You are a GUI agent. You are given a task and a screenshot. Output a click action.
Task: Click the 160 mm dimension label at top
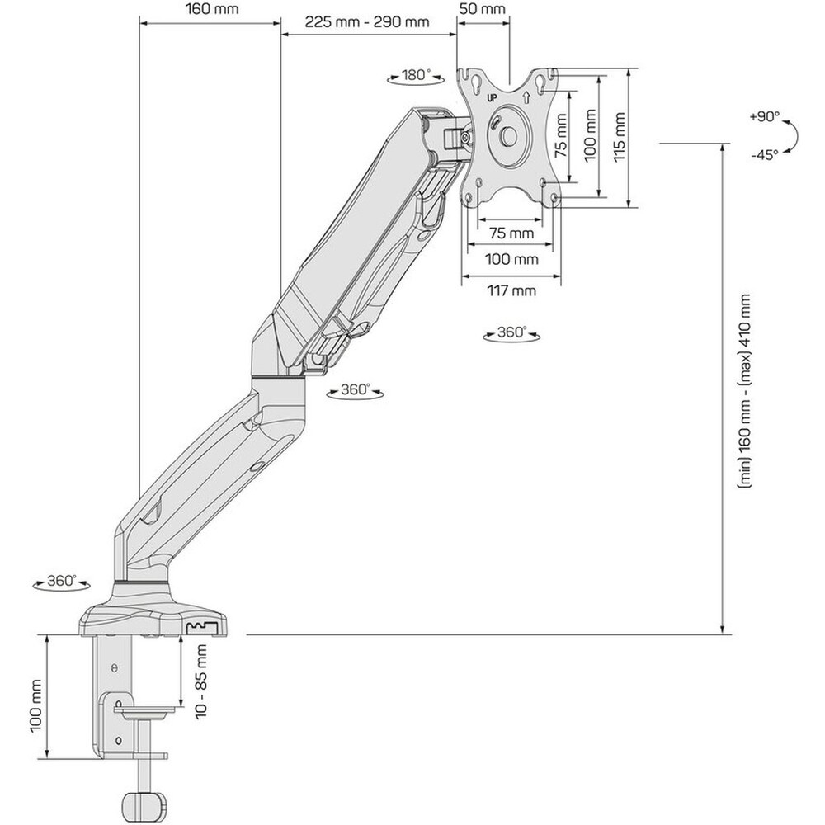212,9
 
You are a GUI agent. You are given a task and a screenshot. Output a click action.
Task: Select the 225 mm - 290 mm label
367,21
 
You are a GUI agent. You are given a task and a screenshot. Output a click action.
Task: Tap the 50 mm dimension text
483,9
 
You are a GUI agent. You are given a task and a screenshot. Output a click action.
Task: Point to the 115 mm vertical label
620,137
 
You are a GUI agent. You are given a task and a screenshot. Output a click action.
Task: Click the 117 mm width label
511,290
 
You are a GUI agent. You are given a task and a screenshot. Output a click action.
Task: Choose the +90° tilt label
765,116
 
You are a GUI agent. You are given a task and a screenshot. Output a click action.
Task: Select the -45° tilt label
765,155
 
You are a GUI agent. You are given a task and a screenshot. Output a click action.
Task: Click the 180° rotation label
416,75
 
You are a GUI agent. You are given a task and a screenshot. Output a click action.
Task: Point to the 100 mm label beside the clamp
35,705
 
